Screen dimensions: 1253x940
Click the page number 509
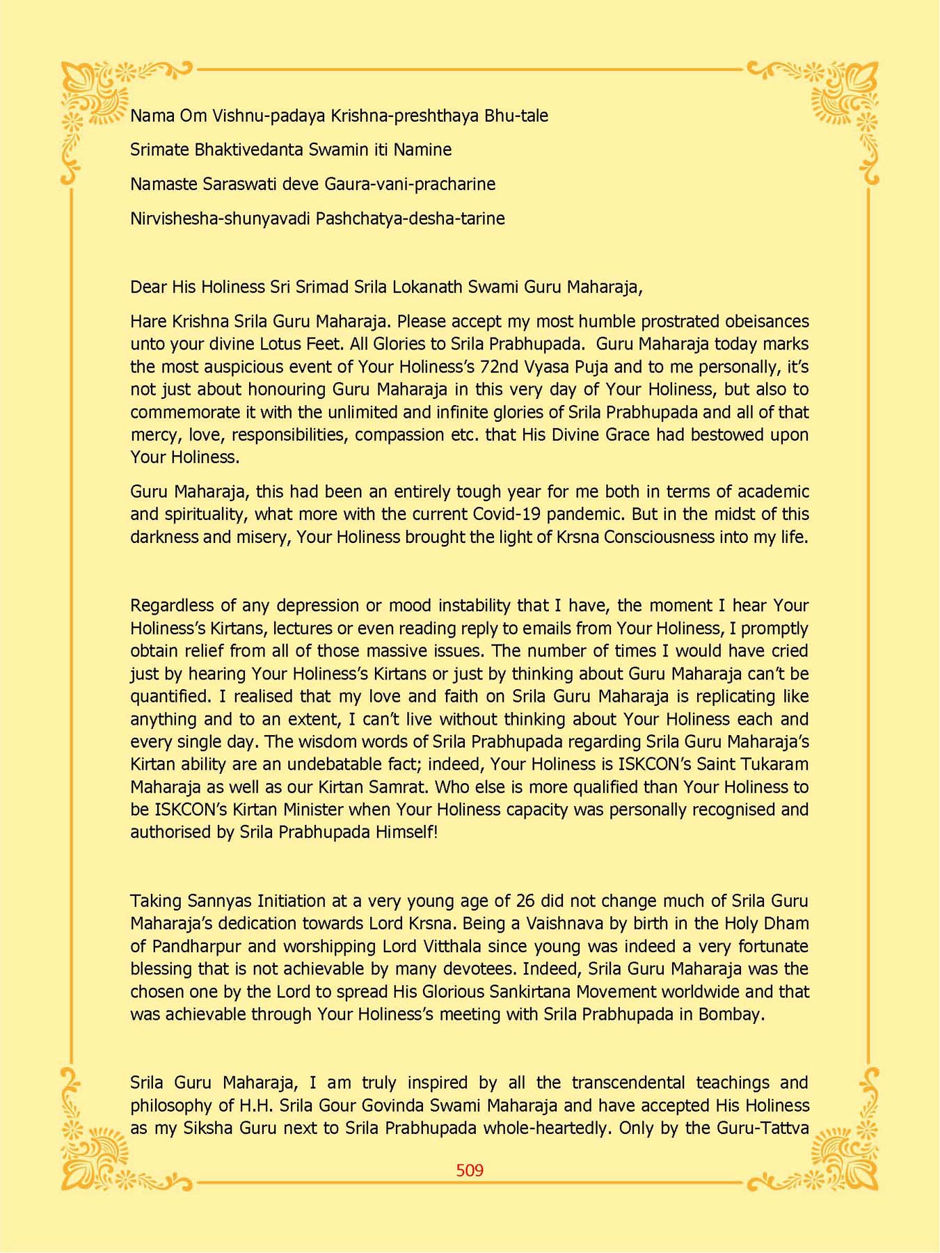pyautogui.click(x=470, y=1170)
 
